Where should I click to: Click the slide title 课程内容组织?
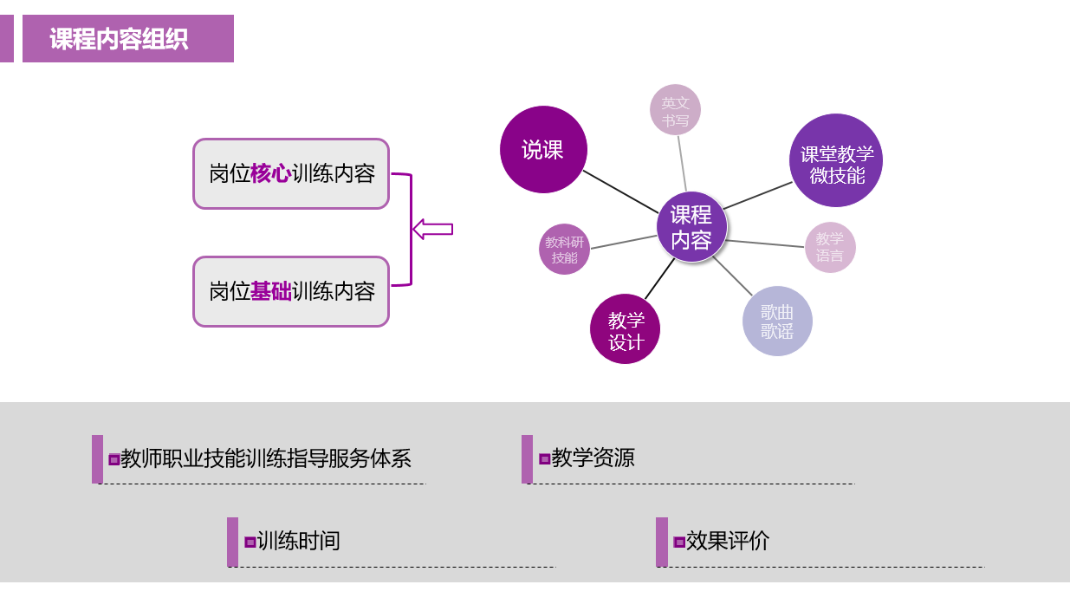click(119, 39)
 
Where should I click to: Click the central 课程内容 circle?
click(691, 227)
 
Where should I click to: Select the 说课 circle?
click(543, 150)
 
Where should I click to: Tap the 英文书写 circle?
click(675, 110)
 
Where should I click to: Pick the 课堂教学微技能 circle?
click(836, 161)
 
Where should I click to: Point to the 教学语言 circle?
click(829, 247)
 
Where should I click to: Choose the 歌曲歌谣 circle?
click(777, 321)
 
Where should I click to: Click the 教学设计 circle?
click(625, 329)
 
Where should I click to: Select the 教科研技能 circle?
click(564, 250)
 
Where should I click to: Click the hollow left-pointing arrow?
click(432, 229)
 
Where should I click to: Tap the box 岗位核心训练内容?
click(291, 173)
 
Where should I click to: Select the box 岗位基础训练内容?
click(291, 291)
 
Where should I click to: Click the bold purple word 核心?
click(270, 173)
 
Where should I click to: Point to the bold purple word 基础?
click(270, 291)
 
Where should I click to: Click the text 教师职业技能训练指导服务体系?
click(265, 458)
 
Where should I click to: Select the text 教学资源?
click(593, 458)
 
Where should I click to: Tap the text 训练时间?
click(298, 542)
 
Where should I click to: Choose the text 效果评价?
click(727, 542)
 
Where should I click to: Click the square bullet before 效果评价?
click(679, 542)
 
